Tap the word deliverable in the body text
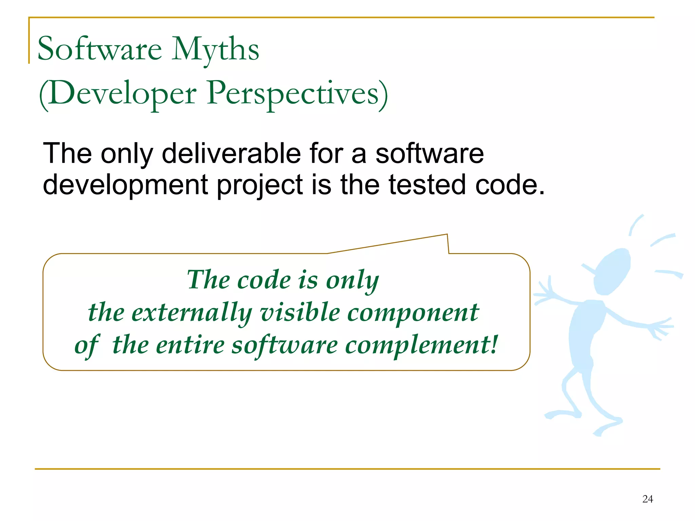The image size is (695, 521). (x=231, y=153)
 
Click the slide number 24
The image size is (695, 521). (x=647, y=499)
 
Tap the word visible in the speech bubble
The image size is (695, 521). (x=300, y=312)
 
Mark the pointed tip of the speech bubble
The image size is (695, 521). (x=447, y=235)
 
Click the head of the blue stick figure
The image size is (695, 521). (x=613, y=271)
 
